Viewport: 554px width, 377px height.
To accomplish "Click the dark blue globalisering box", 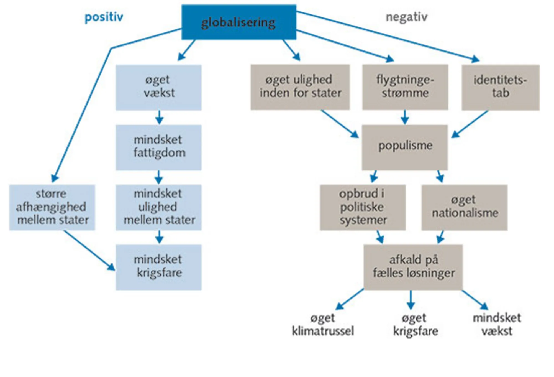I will [x=239, y=22].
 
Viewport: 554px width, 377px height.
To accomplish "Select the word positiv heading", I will [x=104, y=17].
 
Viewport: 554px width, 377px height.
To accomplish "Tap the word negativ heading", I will [x=407, y=17].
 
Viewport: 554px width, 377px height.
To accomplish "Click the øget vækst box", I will [x=158, y=87].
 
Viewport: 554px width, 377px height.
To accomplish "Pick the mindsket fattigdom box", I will [x=158, y=147].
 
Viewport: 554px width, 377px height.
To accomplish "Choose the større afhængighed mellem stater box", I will [x=52, y=207].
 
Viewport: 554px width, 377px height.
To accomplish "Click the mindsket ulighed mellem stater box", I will [x=158, y=207].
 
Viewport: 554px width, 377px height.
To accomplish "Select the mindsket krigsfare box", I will [x=158, y=267].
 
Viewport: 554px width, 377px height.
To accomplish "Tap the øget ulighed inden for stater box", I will [x=300, y=87].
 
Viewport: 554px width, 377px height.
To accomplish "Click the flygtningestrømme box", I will [x=405, y=87].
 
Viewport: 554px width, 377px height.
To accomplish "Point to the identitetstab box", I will [x=500, y=87].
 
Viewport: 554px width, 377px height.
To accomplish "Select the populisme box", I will [x=405, y=147].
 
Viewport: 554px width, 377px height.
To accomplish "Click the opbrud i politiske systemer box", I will [x=363, y=207].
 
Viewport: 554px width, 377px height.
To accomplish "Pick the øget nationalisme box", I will [x=465, y=207].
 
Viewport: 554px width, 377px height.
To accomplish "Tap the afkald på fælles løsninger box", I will [x=413, y=267].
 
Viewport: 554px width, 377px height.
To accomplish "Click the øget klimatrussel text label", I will [x=323, y=324].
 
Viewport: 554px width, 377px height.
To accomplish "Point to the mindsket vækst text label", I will [x=497, y=324].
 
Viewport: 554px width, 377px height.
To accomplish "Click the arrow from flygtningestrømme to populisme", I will [x=405, y=117].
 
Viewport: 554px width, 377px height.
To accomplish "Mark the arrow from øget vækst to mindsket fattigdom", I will [x=159, y=118].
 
